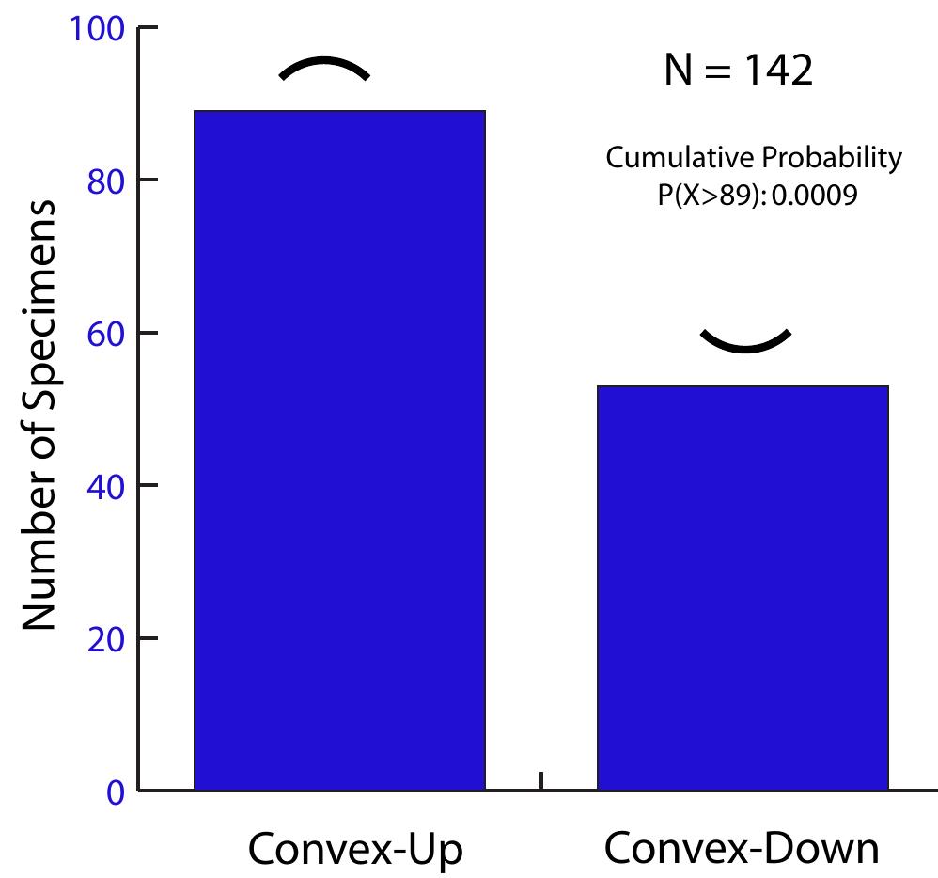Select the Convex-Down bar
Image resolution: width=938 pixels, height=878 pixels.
743,588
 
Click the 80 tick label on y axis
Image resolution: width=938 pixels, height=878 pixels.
106,181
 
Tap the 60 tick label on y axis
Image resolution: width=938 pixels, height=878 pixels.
106,334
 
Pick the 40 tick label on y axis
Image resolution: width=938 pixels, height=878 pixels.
106,486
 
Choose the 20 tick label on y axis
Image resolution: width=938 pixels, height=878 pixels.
106,639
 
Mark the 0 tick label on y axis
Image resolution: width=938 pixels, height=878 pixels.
116,792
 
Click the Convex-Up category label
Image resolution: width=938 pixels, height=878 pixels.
355,849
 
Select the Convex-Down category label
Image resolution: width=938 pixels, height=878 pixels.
742,848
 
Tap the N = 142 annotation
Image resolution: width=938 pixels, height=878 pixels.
738,71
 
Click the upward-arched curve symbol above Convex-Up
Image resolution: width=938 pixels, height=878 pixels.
324,68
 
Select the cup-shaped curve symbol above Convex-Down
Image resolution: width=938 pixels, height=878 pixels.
745,342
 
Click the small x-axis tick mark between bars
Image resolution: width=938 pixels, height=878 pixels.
541,780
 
